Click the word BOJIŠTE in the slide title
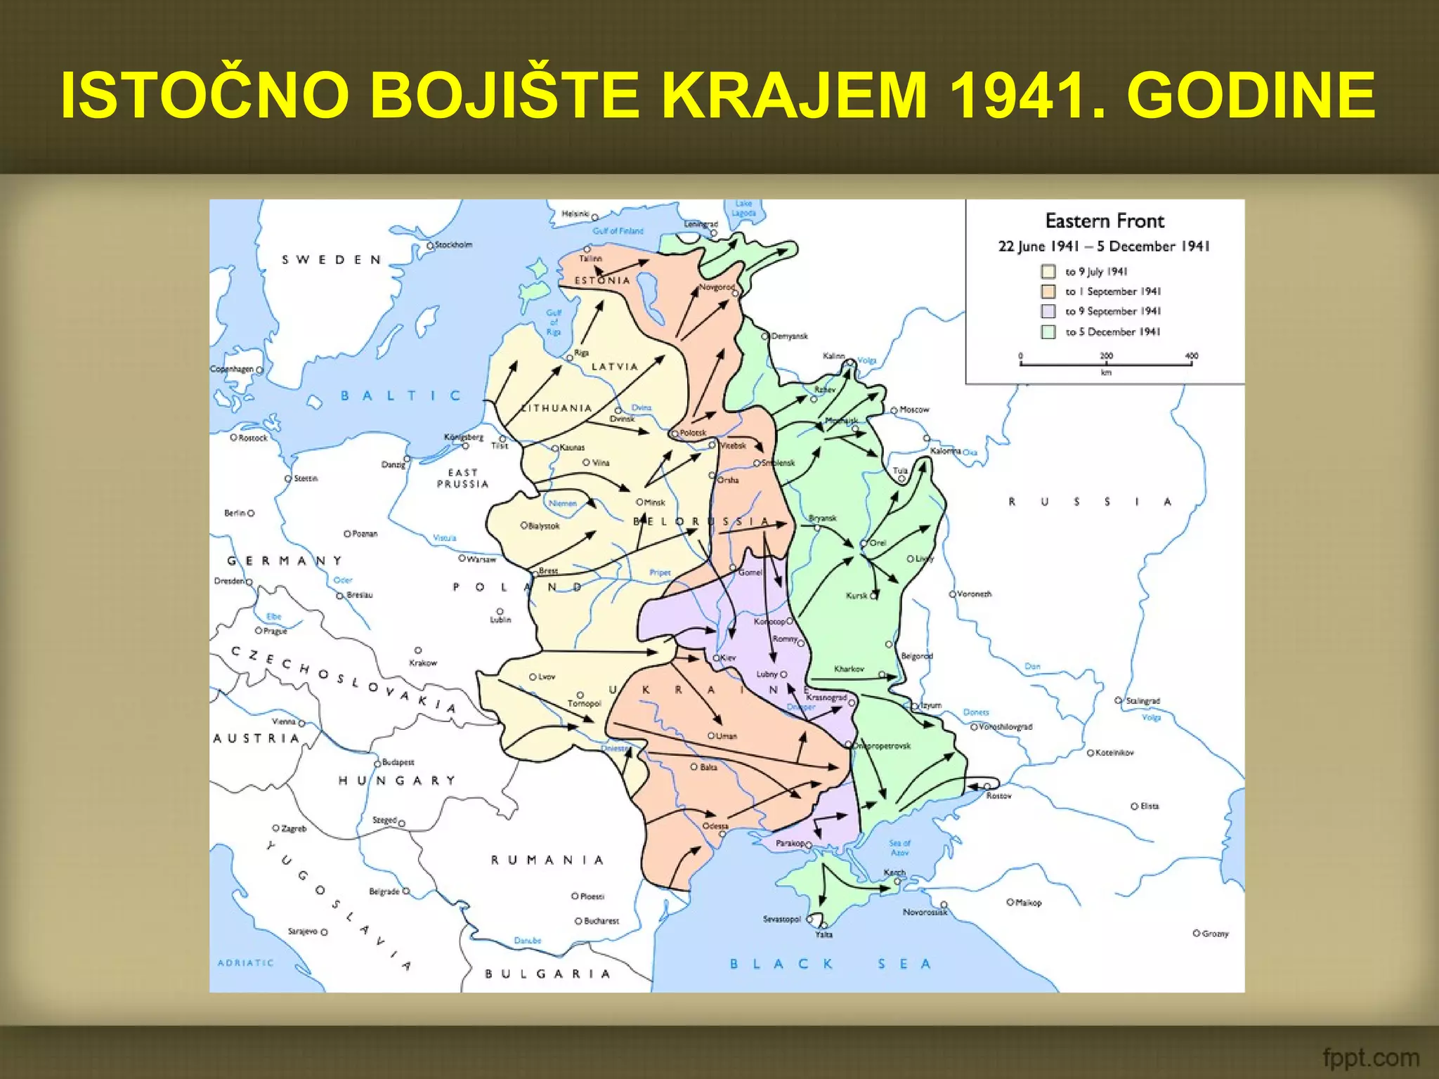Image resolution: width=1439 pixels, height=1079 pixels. (x=505, y=96)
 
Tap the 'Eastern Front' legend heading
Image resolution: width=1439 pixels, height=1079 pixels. (x=1105, y=221)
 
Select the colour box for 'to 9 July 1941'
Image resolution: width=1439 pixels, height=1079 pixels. (x=1048, y=272)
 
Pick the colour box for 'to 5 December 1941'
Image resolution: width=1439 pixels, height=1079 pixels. (x=1048, y=332)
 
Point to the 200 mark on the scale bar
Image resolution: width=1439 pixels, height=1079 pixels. (x=1106, y=355)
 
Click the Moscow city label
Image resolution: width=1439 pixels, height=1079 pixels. (x=914, y=410)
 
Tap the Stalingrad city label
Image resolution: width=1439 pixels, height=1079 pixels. (x=1142, y=701)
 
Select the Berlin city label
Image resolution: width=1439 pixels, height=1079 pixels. (x=235, y=514)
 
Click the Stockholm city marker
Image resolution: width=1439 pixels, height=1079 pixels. (x=431, y=246)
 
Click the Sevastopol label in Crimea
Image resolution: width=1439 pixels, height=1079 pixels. (x=781, y=919)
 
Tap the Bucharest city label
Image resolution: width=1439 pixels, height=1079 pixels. (x=601, y=921)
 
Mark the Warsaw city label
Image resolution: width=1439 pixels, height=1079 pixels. (x=481, y=560)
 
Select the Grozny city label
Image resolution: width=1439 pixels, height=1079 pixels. (x=1215, y=934)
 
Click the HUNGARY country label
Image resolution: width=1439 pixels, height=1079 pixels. (x=397, y=780)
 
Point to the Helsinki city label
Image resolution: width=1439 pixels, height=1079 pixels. (x=575, y=214)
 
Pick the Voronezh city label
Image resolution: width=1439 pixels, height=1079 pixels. (x=975, y=594)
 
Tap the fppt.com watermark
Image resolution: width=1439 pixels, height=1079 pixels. (x=1370, y=1057)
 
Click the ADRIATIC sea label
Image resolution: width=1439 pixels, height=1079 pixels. (x=245, y=963)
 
